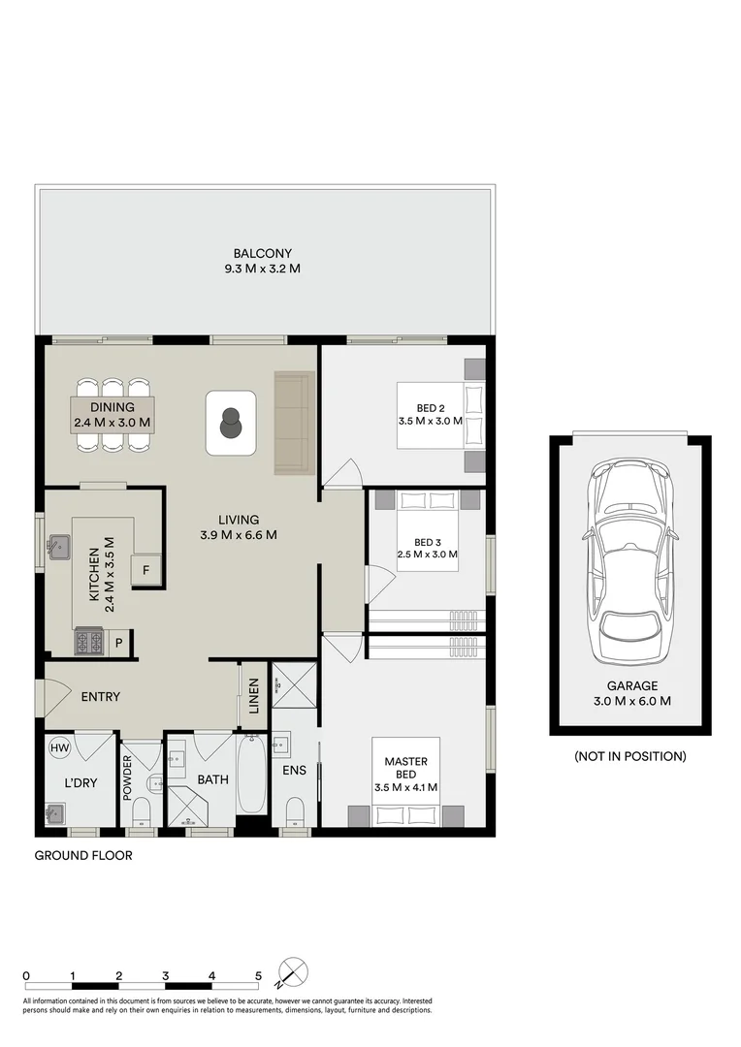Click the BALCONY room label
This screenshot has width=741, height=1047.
[x=263, y=254]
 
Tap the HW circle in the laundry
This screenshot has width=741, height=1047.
[x=59, y=748]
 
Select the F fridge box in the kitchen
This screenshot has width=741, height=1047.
[x=145, y=570]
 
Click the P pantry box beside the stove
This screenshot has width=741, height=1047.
[x=119, y=643]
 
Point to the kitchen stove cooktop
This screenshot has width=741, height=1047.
[x=89, y=643]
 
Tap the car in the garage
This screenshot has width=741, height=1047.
[x=631, y=561]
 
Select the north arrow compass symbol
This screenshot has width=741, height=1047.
[x=293, y=972]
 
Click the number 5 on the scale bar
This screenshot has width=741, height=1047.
[x=259, y=975]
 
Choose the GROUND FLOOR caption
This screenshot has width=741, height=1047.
[x=83, y=855]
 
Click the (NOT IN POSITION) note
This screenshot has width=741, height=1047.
[x=630, y=756]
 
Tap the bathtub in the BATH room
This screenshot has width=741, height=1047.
[x=251, y=776]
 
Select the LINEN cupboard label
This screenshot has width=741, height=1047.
[x=254, y=696]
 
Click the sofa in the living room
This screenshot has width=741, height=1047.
[x=294, y=423]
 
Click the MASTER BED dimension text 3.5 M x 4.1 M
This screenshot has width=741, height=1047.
[x=406, y=787]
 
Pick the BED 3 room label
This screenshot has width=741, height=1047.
[x=428, y=542]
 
